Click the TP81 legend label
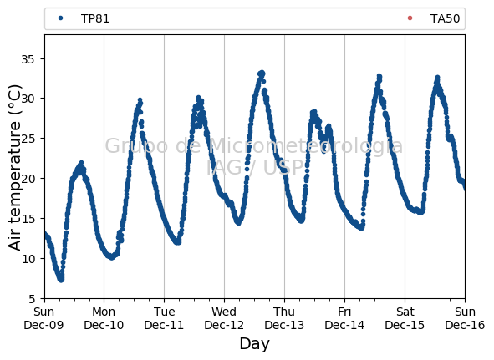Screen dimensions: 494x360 (x=95, y=18)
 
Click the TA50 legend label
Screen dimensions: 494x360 (x=445, y=18)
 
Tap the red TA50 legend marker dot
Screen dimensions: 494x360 (x=410, y=18)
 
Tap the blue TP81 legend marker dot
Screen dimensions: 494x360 (x=60, y=18)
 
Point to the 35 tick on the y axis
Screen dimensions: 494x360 (x=28, y=59)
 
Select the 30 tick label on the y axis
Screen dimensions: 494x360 (x=28, y=99)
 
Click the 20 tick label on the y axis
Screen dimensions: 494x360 (x=28, y=179)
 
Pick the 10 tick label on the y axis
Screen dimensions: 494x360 (x=28, y=259)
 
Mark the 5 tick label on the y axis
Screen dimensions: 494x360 (x=32, y=298)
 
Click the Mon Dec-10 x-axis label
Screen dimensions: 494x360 (x=104, y=318)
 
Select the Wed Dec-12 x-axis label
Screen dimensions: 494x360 (x=224, y=318)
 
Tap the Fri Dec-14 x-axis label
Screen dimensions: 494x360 (x=344, y=318)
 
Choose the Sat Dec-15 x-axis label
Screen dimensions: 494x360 (x=405, y=318)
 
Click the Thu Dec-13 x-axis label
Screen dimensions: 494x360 (x=284, y=318)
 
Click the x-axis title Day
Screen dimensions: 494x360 (x=255, y=344)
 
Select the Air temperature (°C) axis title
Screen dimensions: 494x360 (x=14, y=167)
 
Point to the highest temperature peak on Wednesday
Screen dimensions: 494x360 (x=261, y=74)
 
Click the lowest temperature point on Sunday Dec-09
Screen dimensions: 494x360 (x=61, y=279)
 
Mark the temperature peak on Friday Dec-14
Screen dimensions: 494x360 (x=379, y=76)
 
